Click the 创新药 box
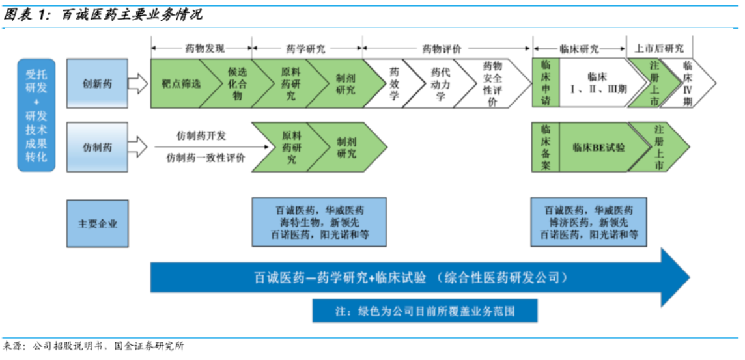[x=97, y=83]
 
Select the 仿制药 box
[x=97, y=148]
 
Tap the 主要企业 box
[x=97, y=223]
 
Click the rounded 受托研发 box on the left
[x=36, y=115]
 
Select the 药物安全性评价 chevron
[x=492, y=83]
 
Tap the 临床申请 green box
[x=545, y=83]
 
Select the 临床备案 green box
[x=545, y=147]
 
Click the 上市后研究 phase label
[x=658, y=49]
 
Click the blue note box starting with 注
[x=425, y=311]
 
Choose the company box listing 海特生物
[x=319, y=222]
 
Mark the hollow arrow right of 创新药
[x=138, y=83]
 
